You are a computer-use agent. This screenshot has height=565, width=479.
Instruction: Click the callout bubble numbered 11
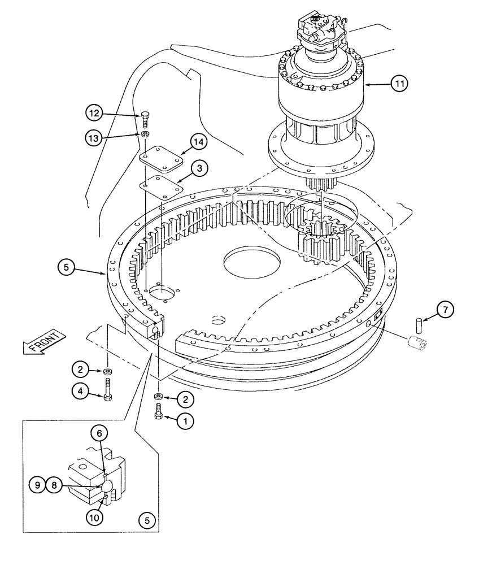(x=399, y=84)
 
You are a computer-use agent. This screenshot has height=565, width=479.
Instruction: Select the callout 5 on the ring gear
(x=66, y=268)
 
